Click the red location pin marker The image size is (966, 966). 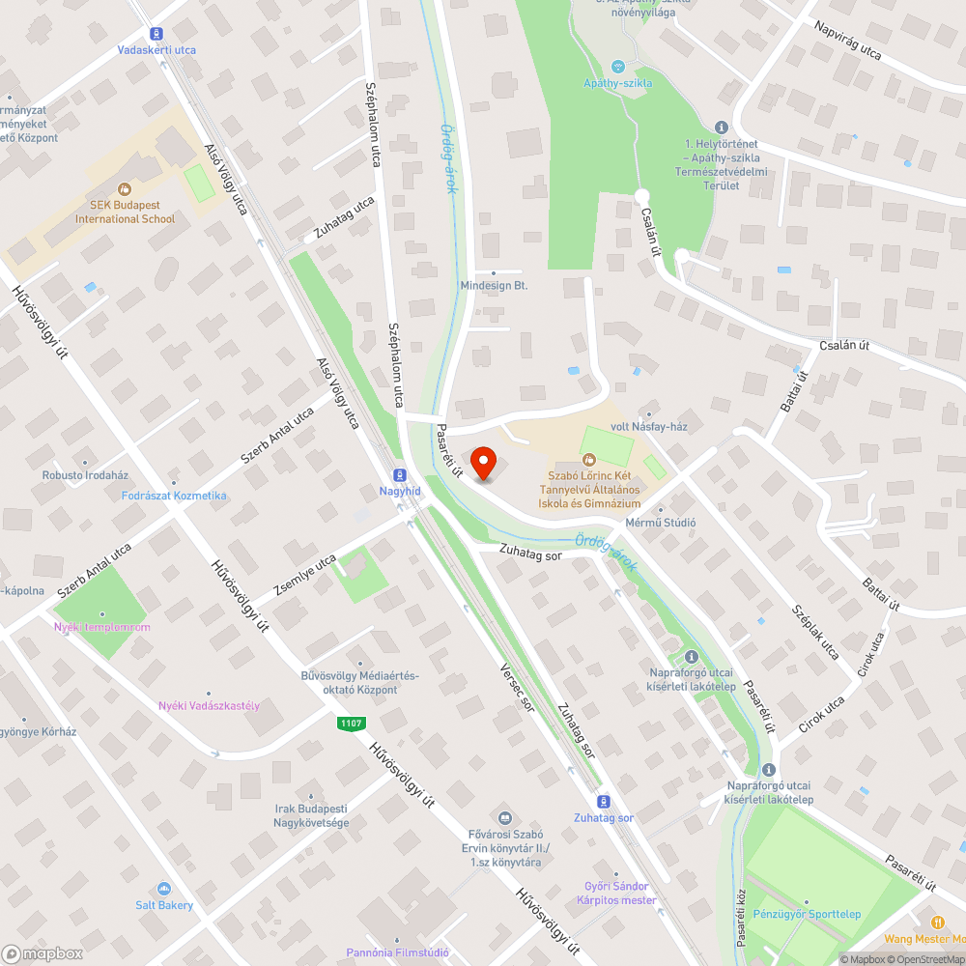coord(483,461)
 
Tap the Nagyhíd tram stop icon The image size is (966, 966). coord(399,474)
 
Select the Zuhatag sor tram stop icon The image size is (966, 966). coord(604,801)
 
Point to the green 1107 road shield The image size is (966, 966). coord(351,723)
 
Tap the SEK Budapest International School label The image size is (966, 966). coord(126,213)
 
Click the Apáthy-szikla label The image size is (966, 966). coord(618,83)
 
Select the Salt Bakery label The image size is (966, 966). coord(164,905)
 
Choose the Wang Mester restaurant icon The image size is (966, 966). coord(936,922)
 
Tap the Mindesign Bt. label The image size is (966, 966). coord(494,286)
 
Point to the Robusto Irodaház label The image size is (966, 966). coord(85,475)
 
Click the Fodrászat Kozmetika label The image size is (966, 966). coord(174,496)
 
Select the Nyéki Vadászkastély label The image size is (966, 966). coord(209,705)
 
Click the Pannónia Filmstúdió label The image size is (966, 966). coord(397,952)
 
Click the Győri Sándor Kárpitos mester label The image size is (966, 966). coord(616,894)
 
